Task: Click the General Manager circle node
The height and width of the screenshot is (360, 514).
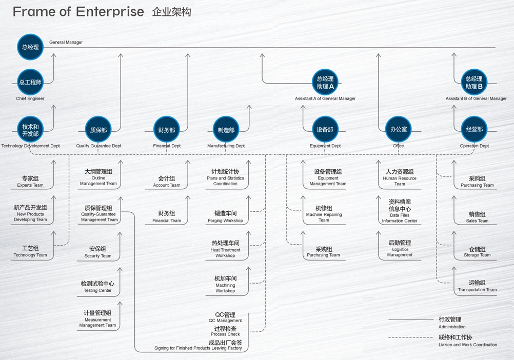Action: [x=30, y=47]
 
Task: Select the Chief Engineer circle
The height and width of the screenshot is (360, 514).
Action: [x=30, y=82]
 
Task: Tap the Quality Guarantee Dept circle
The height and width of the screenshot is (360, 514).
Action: [x=98, y=130]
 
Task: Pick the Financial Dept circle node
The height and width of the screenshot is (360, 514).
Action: [x=167, y=130]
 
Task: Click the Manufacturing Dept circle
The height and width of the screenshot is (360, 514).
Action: [x=226, y=130]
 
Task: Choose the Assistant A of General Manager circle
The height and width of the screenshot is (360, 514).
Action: [x=325, y=82]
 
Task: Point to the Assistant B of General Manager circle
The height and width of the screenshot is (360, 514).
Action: [x=473, y=82]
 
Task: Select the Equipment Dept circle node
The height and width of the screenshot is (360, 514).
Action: [x=325, y=130]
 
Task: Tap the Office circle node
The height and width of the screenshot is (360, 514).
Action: [x=399, y=130]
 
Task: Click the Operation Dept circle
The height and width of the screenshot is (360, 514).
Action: [x=475, y=130]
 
